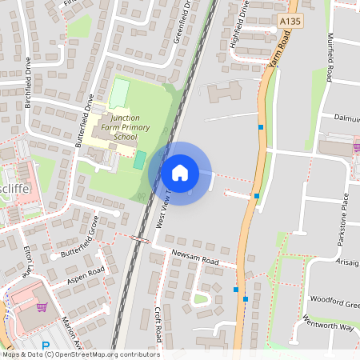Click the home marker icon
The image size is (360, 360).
[x=180, y=173]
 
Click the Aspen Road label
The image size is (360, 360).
[x=86, y=276]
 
